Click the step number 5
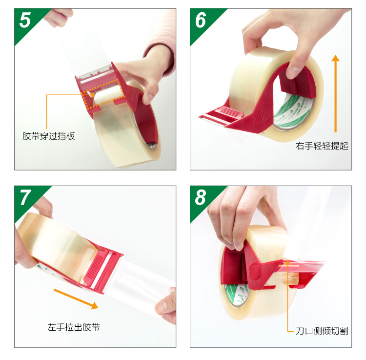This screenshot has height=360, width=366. pos(25,20)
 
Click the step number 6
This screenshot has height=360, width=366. pos(201,20)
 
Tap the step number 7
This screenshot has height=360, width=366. pos(25,197)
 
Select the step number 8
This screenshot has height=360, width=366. pos(201,197)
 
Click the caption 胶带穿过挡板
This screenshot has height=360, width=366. pos(48,136)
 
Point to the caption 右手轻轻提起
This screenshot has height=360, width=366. pos(322,146)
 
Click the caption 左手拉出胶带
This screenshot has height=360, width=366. pos(74,327)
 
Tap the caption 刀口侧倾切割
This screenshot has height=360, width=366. pos(322,331)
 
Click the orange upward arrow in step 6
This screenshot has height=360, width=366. pos(335,94)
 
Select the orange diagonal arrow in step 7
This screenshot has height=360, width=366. pos(76,299)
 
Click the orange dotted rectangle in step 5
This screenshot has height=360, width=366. pos(102,94)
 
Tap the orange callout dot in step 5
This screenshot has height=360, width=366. pos(93,95)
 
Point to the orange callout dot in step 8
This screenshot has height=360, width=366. pos(288,263)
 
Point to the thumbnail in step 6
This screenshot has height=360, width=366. pos(295,69)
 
